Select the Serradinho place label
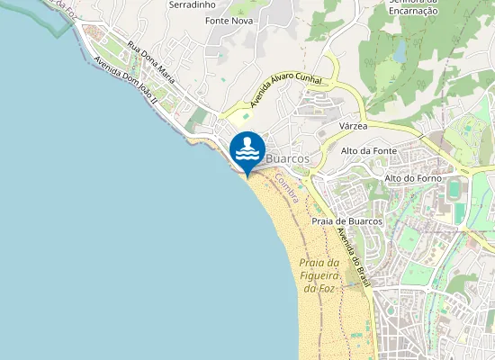coord(191,4)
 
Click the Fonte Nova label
coord(228,20)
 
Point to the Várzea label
coord(355,127)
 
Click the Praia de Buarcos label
coord(347,220)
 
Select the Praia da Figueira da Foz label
coord(318,274)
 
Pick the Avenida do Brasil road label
coord(353,256)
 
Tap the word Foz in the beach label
coord(326,288)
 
